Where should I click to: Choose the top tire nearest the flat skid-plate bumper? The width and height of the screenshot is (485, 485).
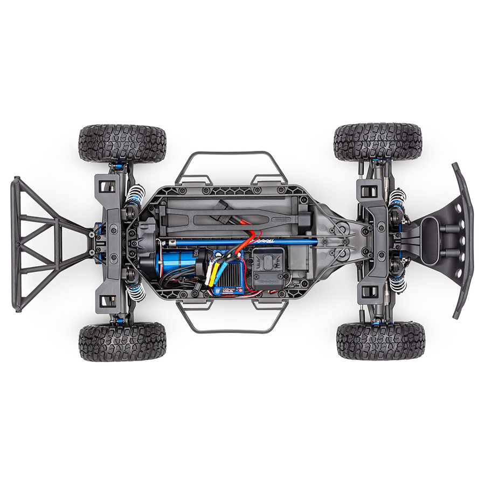coord(377,141)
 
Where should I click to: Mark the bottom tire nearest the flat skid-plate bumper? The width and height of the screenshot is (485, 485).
coord(380,341)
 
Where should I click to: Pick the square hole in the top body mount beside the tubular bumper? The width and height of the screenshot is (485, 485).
coord(108,186)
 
